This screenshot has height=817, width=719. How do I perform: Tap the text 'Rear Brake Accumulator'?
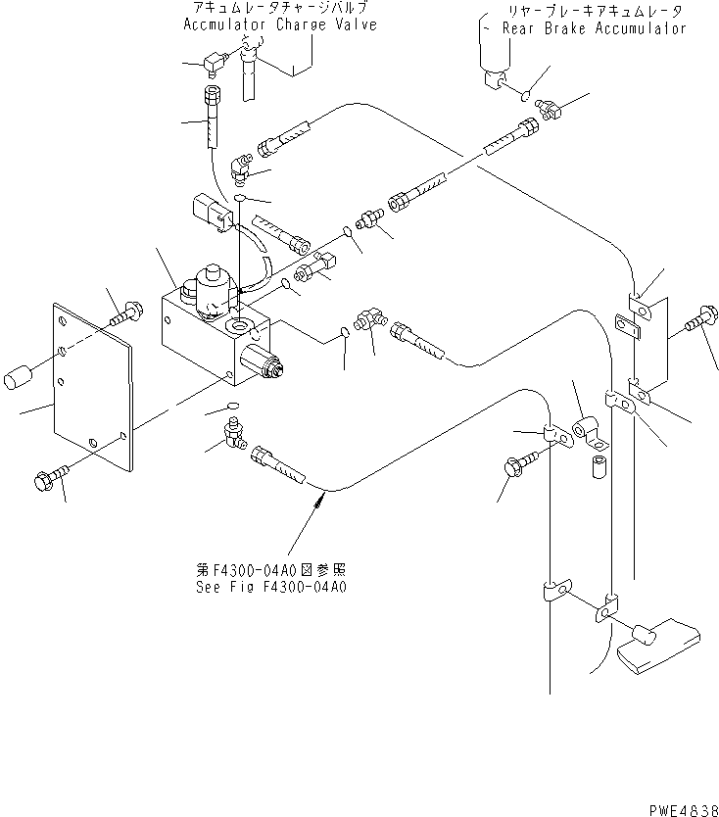(594, 28)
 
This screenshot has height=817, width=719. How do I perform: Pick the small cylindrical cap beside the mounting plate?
(20, 377)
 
